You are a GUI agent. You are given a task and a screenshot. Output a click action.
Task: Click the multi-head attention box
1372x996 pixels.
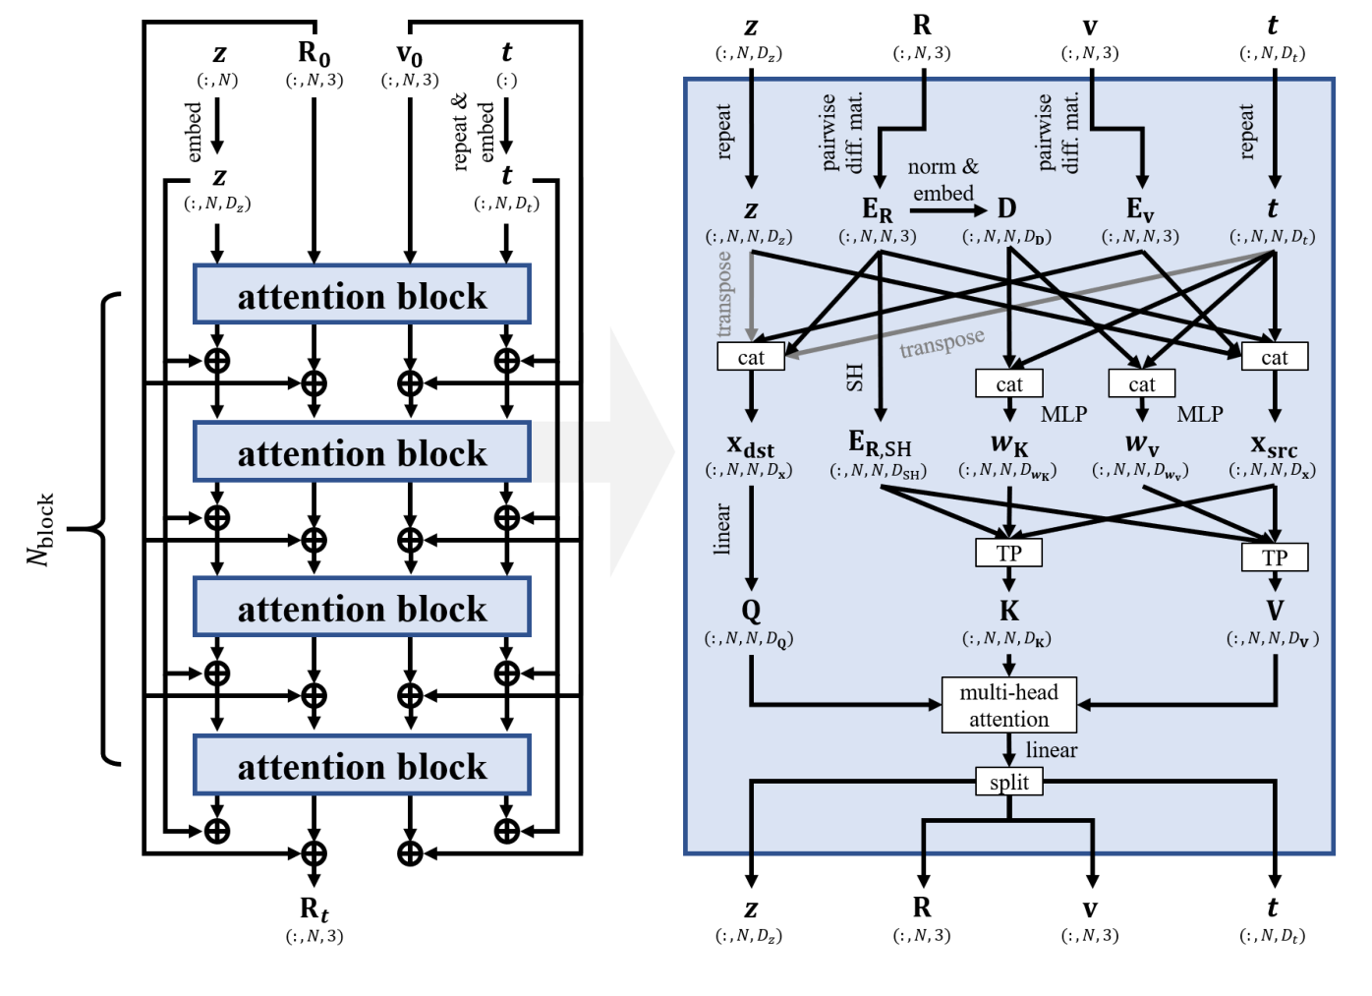click(x=1008, y=705)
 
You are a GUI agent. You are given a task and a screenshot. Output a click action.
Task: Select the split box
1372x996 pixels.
click(x=1008, y=782)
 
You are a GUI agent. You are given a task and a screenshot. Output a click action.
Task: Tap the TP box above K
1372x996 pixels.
click(x=1008, y=554)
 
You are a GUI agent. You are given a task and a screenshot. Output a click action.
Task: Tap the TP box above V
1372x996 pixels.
click(x=1274, y=557)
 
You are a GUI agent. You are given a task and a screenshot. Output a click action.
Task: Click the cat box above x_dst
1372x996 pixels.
click(x=751, y=357)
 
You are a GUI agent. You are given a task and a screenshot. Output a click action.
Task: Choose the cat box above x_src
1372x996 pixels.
click(x=1274, y=357)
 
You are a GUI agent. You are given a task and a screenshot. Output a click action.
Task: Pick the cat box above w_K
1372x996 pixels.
click(x=1008, y=383)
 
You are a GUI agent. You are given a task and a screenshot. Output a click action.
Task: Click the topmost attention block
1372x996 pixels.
click(x=362, y=295)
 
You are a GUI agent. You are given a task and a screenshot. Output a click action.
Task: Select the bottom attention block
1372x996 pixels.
click(x=362, y=765)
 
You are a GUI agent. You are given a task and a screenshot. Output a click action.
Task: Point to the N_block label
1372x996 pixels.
click(x=41, y=529)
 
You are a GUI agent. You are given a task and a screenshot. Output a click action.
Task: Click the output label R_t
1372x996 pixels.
click(x=314, y=908)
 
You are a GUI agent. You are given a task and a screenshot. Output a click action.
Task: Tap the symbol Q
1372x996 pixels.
click(x=751, y=611)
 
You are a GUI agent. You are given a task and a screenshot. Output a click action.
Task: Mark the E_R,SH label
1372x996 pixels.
click(x=880, y=444)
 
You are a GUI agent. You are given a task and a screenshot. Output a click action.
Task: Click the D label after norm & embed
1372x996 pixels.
click(x=1006, y=208)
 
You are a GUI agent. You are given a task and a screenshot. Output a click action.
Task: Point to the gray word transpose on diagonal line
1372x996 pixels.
click(x=942, y=344)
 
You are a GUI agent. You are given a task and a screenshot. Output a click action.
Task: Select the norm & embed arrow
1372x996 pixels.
click(x=947, y=208)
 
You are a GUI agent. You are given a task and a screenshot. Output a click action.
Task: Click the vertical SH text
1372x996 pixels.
click(x=854, y=377)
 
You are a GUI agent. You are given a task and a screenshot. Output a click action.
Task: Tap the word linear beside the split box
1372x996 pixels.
click(x=1051, y=750)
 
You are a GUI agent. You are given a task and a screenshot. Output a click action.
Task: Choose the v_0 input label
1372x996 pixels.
click(x=409, y=53)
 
